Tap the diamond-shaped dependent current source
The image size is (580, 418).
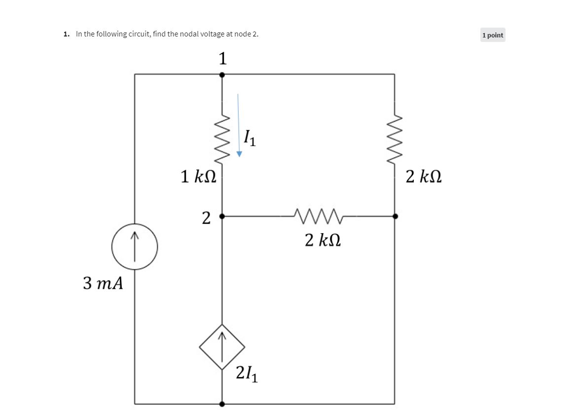(x=222, y=347)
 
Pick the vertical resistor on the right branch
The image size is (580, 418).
(x=395, y=139)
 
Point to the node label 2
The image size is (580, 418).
(x=206, y=217)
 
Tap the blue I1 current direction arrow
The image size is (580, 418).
(x=239, y=125)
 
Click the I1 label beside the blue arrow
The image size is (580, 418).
(x=250, y=138)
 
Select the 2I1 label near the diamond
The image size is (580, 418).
(x=247, y=374)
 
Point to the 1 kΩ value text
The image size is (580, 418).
(x=198, y=176)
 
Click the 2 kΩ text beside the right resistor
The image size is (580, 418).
(x=424, y=176)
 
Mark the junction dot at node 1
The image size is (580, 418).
(x=222, y=74)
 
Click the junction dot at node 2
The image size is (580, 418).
(x=222, y=216)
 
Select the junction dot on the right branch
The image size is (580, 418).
(x=395, y=216)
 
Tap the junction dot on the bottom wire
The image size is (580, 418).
(x=222, y=404)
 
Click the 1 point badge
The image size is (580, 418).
(x=493, y=35)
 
